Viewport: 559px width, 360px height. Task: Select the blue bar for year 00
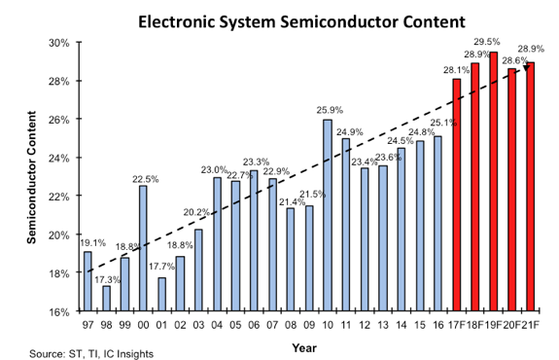tap(143, 248)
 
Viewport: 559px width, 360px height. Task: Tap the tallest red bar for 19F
tap(493, 182)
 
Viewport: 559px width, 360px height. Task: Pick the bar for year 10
tap(326, 216)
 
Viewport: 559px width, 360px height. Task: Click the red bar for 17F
tap(456, 196)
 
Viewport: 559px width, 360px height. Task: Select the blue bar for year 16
tap(437, 224)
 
